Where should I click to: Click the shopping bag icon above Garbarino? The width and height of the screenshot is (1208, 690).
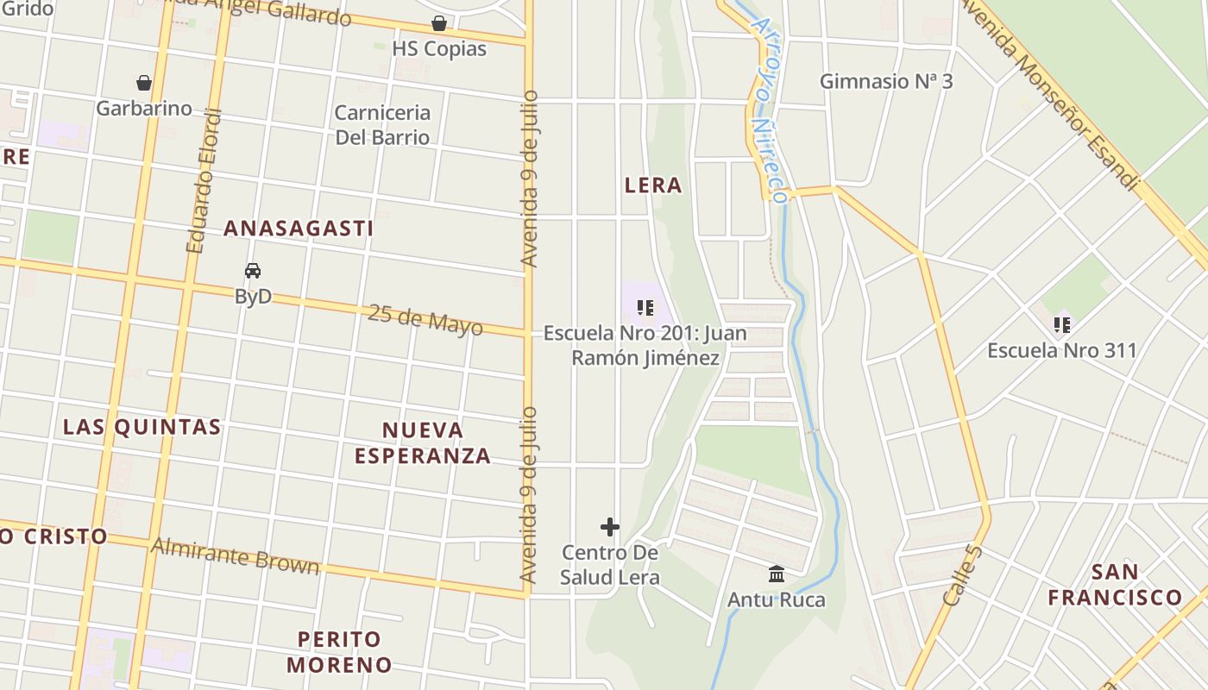pos(144,83)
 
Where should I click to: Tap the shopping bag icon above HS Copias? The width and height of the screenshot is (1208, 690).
pos(439,23)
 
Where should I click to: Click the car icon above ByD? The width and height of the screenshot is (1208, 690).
pos(253,271)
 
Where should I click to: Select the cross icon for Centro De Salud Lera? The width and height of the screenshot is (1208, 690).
pos(610,526)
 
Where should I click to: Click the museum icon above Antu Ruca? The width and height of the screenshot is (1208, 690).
pos(777,574)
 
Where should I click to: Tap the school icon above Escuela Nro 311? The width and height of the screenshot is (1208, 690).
pos(1062,325)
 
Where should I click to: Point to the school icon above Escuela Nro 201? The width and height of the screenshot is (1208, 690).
pos(645,308)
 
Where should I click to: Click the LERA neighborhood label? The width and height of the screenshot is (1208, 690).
pos(653,185)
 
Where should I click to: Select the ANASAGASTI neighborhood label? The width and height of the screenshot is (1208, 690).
pos(299,229)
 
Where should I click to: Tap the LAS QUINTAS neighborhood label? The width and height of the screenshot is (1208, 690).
pos(142,427)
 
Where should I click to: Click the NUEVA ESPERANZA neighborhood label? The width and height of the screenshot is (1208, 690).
pos(423,443)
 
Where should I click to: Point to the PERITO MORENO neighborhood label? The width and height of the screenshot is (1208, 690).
pos(339,652)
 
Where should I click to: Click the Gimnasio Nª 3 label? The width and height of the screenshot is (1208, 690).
pos(886,81)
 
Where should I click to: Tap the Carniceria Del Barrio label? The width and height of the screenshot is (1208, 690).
pos(382,125)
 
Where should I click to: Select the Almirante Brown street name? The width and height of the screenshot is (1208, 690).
pos(235,556)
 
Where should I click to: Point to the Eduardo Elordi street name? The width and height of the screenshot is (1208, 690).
pos(204,181)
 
